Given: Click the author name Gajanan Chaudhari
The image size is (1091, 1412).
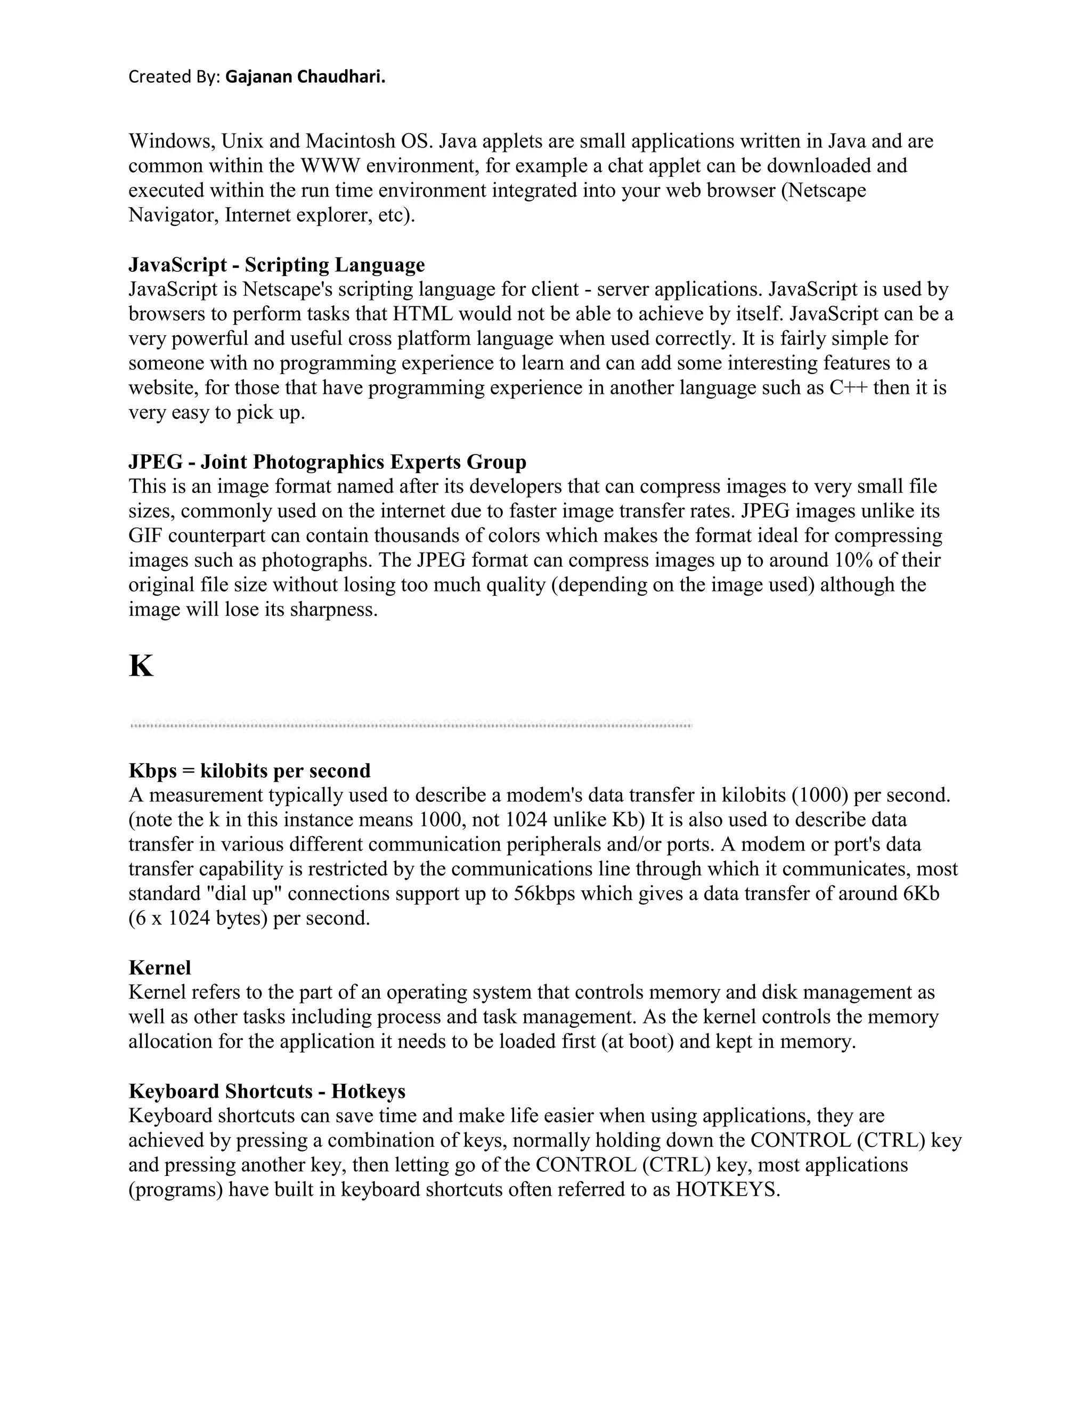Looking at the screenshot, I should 305,77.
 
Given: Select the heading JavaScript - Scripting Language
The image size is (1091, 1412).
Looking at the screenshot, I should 276,265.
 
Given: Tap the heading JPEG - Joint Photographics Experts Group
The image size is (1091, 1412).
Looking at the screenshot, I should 327,462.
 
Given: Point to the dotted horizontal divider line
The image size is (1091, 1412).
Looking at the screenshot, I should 411,725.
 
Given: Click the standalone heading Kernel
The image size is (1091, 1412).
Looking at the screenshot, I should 160,968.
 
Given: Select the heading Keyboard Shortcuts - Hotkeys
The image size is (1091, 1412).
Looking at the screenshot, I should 267,1091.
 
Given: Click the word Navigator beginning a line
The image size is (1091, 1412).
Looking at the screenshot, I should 173,215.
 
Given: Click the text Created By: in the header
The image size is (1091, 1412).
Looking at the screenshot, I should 175,77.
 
